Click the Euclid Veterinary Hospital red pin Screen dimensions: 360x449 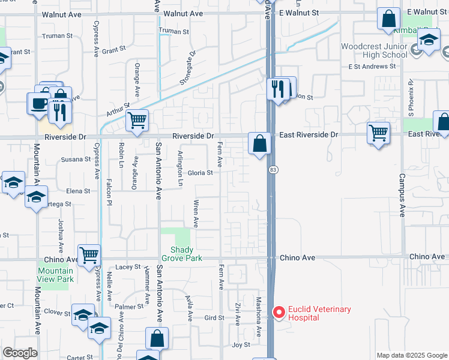[x=279, y=313]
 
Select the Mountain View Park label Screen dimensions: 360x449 [x=55, y=275]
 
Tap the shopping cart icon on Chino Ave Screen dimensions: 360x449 [x=89, y=255]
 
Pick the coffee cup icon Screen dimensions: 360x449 [x=39, y=103]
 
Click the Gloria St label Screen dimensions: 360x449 [x=200, y=173]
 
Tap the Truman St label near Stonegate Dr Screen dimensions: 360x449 [x=173, y=31]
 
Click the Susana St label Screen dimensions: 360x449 [x=76, y=160]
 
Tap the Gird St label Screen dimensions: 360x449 [x=214, y=317]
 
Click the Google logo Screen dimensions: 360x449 [x=20, y=353]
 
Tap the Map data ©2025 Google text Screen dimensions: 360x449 [x=412, y=355]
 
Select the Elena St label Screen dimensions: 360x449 [x=78, y=191]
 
